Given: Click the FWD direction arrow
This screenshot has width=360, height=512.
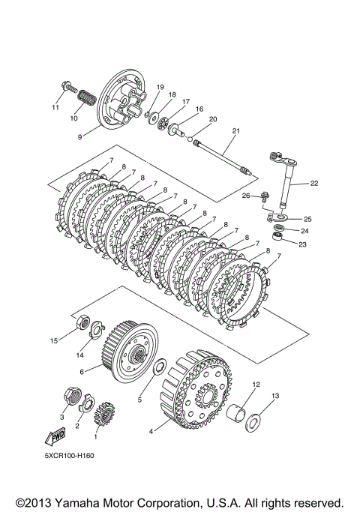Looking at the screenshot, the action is coord(55,436).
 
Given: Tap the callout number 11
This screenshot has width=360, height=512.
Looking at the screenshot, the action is coord(55,107).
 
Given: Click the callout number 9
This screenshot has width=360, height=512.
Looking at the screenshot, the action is coord(79,137).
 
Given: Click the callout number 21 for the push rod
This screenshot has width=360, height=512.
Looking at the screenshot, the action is coord(235,130).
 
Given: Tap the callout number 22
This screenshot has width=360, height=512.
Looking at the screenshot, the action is coord(314,183).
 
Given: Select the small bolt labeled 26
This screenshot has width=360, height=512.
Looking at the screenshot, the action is coord(264,198).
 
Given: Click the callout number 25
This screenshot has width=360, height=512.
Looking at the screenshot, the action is coord(307,219).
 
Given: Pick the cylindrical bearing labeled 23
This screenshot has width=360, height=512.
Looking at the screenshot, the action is coord(277,236).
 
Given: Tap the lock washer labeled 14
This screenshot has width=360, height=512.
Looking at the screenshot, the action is coord(96,330).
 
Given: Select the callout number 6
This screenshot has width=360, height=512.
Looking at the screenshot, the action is coord(82,372).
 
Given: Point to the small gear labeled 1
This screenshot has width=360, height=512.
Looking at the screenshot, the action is coord(103,414).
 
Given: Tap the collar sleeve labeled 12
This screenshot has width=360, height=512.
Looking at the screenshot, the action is coord(237,412).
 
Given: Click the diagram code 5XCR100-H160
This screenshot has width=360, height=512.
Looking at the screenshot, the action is coord(70,456).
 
